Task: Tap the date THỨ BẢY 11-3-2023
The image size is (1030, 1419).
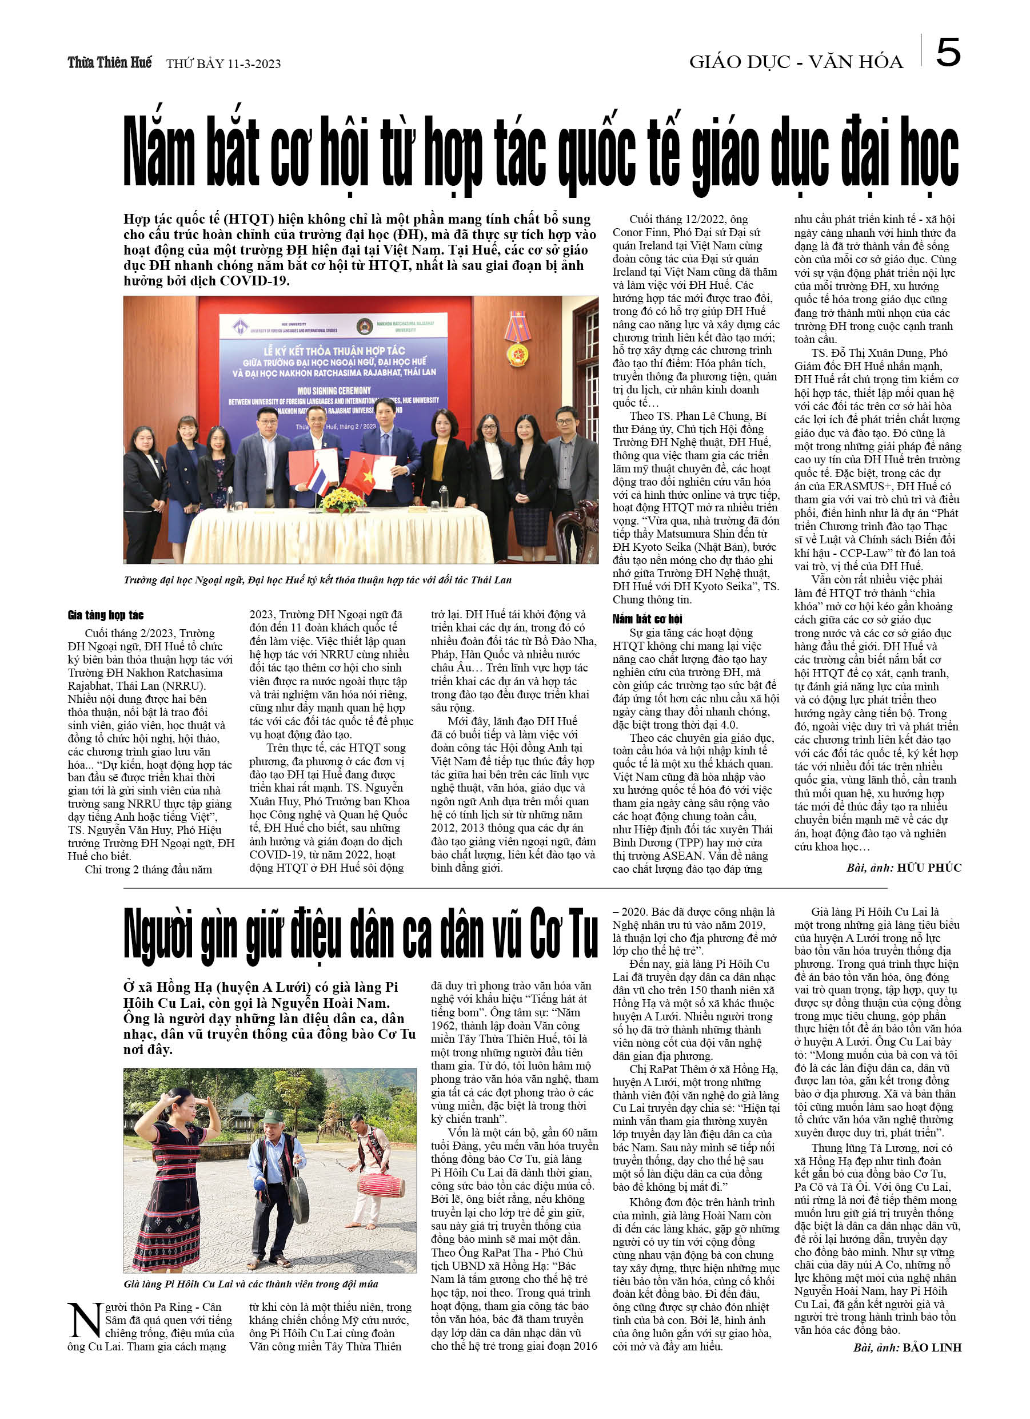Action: tap(223, 64)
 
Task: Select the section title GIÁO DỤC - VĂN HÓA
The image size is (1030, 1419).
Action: tap(796, 62)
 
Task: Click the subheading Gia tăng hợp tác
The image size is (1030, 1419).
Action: tap(106, 615)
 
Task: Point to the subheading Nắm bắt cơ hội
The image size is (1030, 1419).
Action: tap(646, 619)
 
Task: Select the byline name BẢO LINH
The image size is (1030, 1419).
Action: tap(932, 1348)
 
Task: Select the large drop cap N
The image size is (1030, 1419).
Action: tap(85, 1321)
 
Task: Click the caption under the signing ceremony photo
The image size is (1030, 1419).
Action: tap(318, 580)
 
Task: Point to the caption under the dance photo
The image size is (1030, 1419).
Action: tap(251, 1285)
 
